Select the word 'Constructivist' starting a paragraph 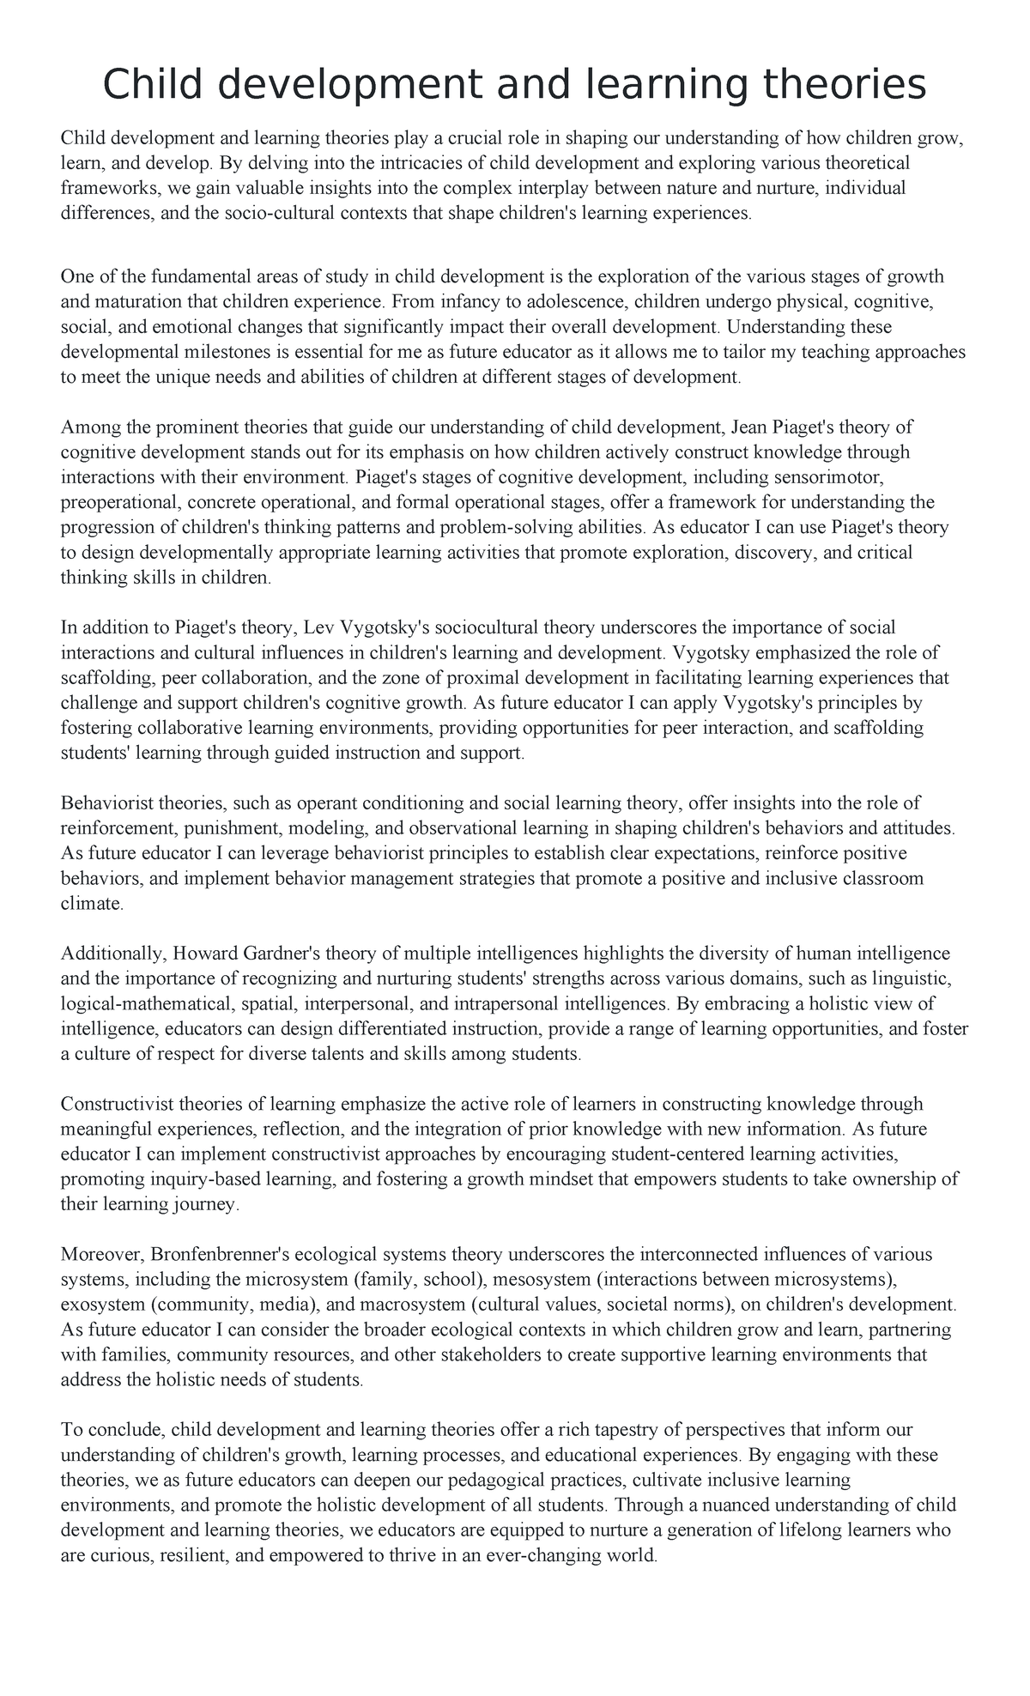pos(114,1104)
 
